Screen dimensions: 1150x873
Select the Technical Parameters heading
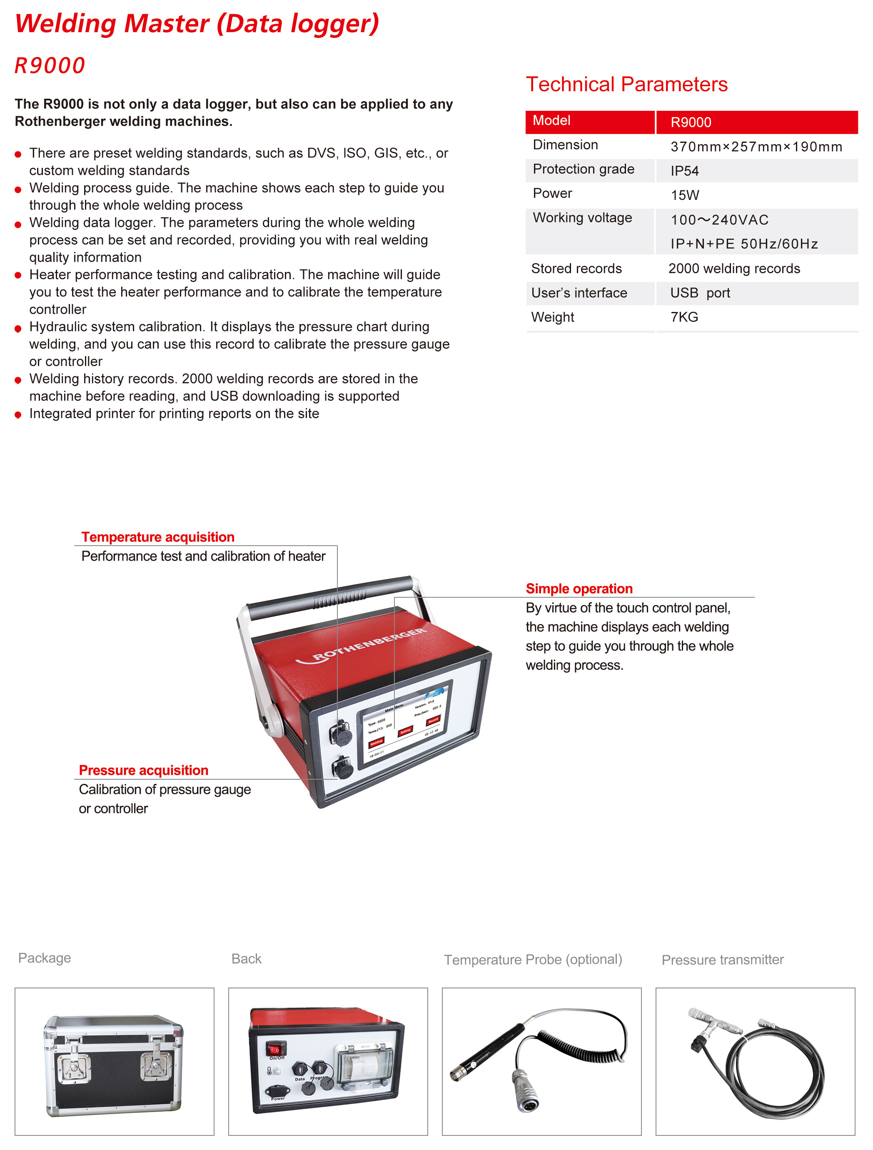626,84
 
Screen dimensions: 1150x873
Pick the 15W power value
685,195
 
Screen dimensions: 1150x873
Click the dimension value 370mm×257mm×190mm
756,147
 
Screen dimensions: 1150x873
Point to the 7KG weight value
684,317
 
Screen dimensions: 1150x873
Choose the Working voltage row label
582,218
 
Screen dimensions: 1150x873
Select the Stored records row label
576,269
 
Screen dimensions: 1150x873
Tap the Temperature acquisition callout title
157,537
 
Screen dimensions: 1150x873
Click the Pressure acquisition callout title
144,771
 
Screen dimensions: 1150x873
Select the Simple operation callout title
579,589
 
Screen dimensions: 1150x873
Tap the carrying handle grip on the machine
338,598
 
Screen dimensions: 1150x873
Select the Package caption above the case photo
45,958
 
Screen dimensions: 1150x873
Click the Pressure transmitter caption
722,960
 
